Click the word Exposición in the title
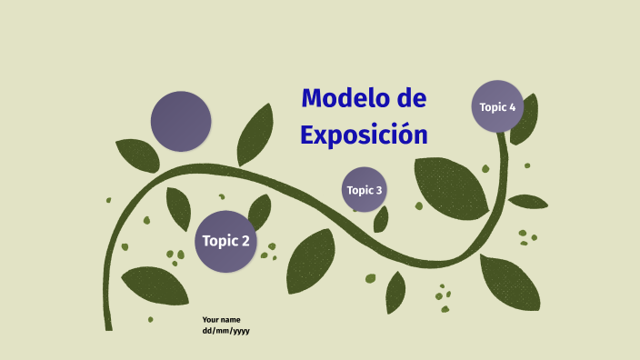[364, 135]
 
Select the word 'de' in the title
[411, 98]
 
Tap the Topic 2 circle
[225, 241]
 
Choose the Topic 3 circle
[365, 190]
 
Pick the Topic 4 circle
[497, 107]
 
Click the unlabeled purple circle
[181, 121]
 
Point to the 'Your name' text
[221, 320]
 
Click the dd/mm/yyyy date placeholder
[225, 331]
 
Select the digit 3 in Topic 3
[378, 190]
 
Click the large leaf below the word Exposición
[451, 186]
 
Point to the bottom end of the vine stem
[108, 325]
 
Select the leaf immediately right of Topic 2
[261, 211]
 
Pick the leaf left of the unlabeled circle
[137, 155]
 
